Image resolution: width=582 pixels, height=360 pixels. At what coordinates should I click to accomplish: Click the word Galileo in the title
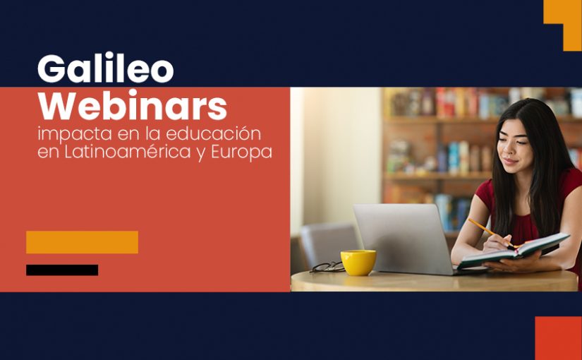pos(105,68)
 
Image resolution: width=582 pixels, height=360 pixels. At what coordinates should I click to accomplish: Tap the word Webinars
pos(133,105)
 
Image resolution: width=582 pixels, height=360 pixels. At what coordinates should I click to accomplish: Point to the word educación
pos(214,133)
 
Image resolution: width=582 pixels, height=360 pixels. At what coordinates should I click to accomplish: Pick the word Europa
pos(242,153)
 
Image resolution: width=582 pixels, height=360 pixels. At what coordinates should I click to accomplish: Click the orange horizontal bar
pos(82,242)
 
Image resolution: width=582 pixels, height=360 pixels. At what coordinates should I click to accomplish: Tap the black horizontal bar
pos(62,270)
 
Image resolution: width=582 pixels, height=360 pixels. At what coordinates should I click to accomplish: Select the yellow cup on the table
pos(358,263)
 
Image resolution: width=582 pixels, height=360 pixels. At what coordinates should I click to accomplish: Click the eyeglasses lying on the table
pos(327,267)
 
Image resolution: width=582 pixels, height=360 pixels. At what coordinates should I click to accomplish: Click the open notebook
pos(514,251)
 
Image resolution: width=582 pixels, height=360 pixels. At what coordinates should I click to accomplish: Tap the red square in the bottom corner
pos(558,338)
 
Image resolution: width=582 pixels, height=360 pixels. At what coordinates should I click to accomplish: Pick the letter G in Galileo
pos(51,69)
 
